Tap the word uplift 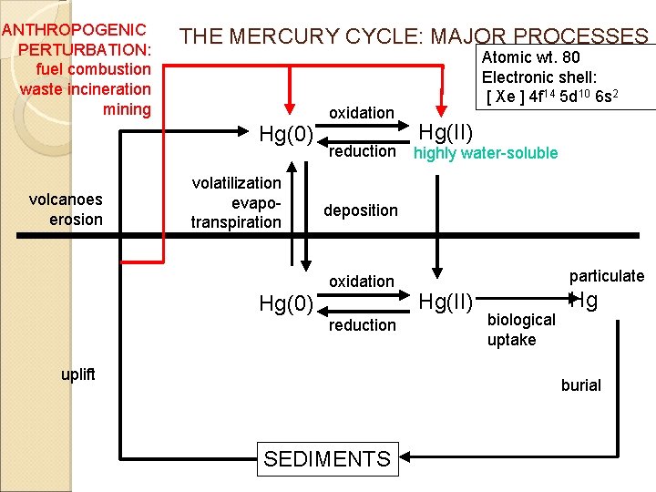(x=78, y=374)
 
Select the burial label (x=581, y=384)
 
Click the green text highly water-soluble (x=486, y=153)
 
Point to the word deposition (x=361, y=210)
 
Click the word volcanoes (x=66, y=200)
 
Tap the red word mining (x=127, y=109)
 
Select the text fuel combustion (x=93, y=69)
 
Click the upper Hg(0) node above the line (x=286, y=134)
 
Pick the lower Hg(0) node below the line (x=286, y=303)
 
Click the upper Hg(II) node (x=446, y=133)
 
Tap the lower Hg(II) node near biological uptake (x=446, y=302)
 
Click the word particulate (x=607, y=276)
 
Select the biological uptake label (x=521, y=330)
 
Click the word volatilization (x=236, y=183)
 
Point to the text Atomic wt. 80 (x=531, y=57)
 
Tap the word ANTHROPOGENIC (x=74, y=30)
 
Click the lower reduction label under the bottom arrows (x=363, y=325)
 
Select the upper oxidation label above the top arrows (x=362, y=113)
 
